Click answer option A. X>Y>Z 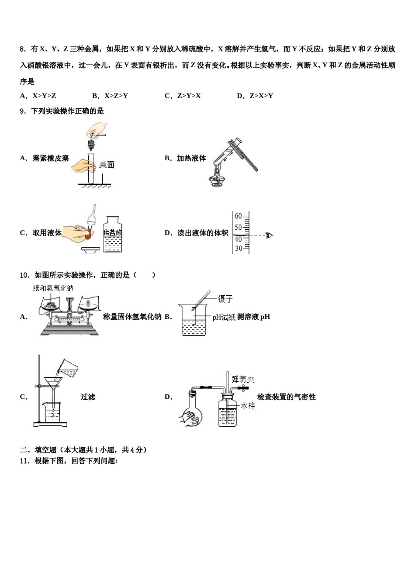tap(38, 96)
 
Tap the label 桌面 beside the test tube tap(107, 165)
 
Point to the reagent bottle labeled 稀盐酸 tap(113, 235)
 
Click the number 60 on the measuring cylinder tap(238, 216)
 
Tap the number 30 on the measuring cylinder tap(238, 248)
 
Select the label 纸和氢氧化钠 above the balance tap(53, 288)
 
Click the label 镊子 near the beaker tap(225, 299)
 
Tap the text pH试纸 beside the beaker tap(224, 317)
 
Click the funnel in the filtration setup tap(53, 383)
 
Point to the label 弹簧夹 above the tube tap(243, 379)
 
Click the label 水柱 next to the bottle tap(248, 406)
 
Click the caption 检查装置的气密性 tap(286, 397)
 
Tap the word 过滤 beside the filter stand tap(88, 397)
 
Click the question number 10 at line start tap(24, 275)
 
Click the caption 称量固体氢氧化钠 tap(132, 317)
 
